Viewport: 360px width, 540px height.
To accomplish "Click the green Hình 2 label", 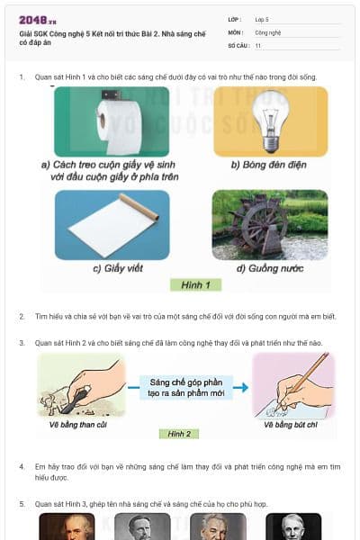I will pos(180,434).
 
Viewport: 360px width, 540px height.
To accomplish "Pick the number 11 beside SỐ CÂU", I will pos(259,44).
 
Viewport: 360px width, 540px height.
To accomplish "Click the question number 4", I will pos(22,468).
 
